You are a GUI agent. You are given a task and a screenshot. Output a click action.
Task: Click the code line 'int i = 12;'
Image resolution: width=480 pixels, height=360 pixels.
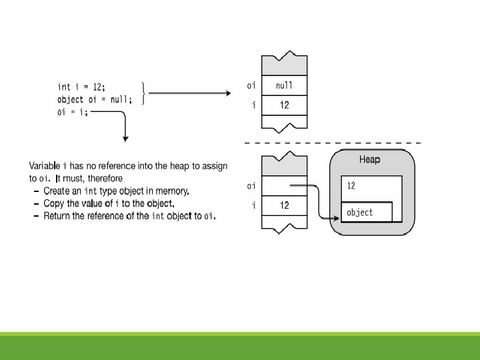click(81, 87)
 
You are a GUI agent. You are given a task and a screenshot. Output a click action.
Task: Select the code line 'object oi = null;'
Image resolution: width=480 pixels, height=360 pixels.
click(95, 99)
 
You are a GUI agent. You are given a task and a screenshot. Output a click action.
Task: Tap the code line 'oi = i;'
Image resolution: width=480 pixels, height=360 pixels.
click(72, 112)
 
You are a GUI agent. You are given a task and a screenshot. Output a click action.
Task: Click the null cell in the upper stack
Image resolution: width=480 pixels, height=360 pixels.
click(285, 85)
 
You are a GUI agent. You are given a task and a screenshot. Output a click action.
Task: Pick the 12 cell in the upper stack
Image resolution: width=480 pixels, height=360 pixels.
click(285, 105)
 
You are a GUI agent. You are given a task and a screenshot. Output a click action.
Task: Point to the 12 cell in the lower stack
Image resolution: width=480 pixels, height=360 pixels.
click(285, 205)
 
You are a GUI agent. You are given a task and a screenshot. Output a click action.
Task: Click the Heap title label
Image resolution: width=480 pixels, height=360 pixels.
click(370, 160)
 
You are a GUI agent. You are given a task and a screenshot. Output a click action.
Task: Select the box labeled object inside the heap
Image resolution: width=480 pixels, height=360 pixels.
click(366, 212)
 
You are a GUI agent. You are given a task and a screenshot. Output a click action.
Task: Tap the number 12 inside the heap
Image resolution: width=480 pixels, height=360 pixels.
click(351, 186)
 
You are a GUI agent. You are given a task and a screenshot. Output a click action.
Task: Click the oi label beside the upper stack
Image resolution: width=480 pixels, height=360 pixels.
click(251, 85)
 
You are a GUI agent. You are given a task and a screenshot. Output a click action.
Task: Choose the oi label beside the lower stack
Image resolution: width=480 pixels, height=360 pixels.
click(251, 186)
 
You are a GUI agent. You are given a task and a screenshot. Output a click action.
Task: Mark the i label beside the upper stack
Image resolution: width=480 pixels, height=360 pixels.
click(253, 105)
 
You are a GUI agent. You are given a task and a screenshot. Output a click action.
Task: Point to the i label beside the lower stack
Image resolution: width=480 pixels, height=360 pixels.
click(253, 205)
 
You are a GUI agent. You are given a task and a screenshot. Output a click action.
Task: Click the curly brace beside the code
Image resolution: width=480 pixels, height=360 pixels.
click(145, 94)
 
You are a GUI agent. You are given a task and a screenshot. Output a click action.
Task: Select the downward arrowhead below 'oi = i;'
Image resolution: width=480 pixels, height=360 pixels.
click(125, 139)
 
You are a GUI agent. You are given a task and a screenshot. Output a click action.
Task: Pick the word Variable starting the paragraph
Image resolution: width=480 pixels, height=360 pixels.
click(45, 165)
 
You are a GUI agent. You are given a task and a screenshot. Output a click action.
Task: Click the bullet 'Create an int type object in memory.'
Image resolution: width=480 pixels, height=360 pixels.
click(116, 191)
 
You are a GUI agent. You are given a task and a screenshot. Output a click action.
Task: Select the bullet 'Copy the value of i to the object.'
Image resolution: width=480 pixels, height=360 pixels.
click(109, 203)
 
